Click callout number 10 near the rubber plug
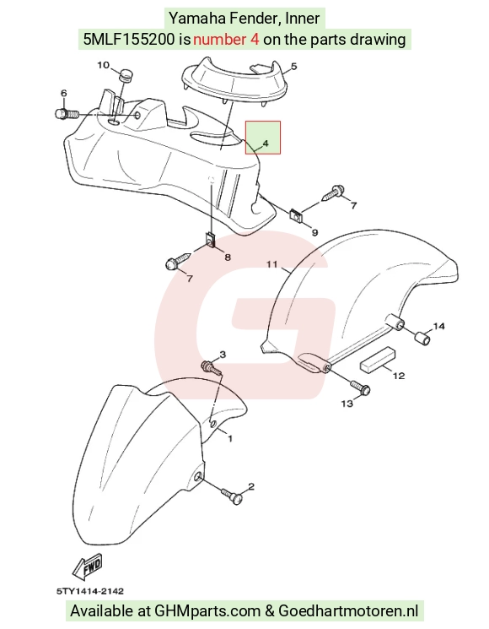(104, 65)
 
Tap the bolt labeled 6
(67, 113)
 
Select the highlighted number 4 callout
(266, 144)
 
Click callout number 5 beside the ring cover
(293, 66)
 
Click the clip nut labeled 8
(210, 239)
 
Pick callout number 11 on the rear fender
(272, 264)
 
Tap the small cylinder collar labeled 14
(422, 339)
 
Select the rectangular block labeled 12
(378, 360)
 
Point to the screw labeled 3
(211, 367)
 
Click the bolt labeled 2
(232, 496)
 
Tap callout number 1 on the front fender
(230, 438)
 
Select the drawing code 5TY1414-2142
(89, 591)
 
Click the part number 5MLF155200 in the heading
(129, 40)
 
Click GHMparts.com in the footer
(207, 611)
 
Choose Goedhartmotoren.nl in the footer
(348, 611)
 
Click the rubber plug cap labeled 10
(126, 75)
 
